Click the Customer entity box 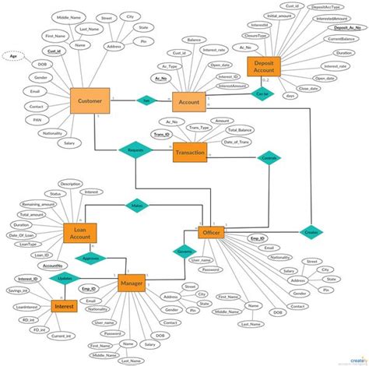(90, 101)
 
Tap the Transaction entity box (190, 152)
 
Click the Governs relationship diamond (184, 252)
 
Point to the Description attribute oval (71, 183)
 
